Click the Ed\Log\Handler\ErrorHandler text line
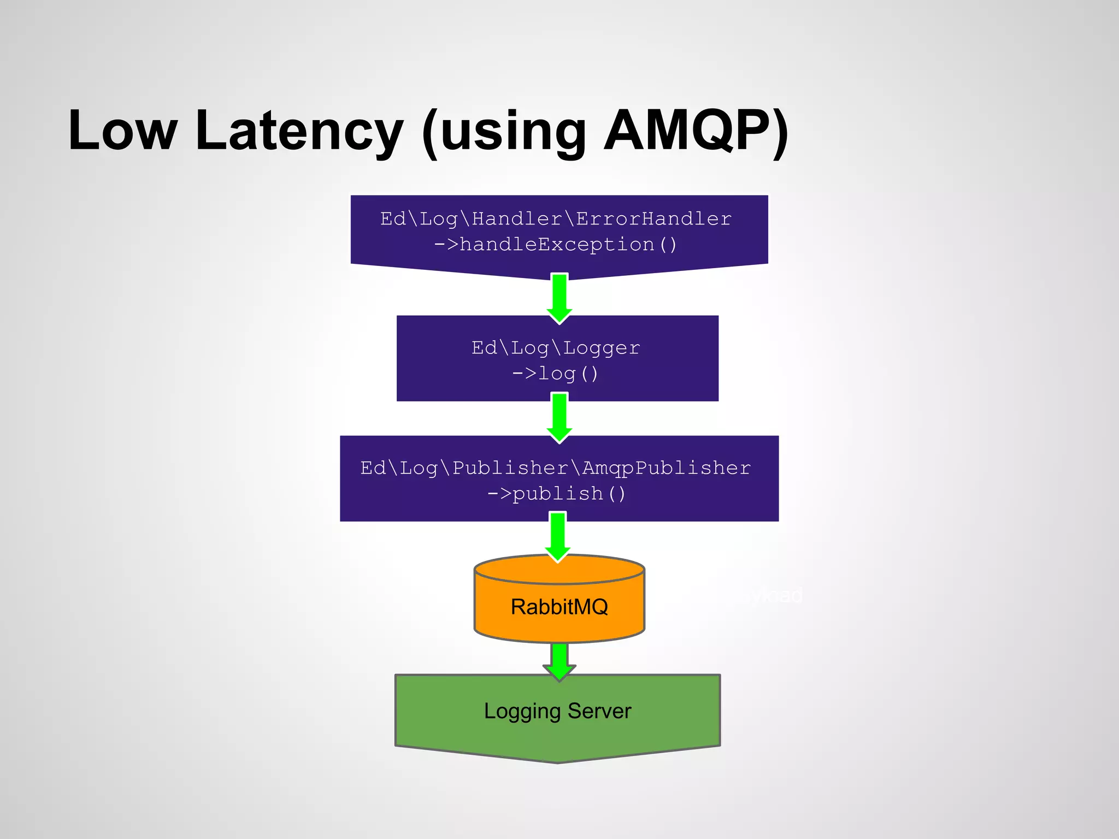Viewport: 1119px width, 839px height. point(556,218)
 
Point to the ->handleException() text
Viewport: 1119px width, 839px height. point(556,244)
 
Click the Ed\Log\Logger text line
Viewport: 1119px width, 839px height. point(556,347)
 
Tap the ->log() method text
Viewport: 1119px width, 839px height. point(556,374)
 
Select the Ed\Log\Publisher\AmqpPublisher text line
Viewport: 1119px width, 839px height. point(556,468)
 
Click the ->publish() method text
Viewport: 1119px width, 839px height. point(556,493)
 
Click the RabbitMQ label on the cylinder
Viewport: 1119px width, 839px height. point(559,607)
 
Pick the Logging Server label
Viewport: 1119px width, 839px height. point(557,711)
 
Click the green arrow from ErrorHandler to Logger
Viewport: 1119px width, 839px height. point(559,298)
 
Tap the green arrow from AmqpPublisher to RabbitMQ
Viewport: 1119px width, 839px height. point(558,537)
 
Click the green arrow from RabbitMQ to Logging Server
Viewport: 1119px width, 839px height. point(559,661)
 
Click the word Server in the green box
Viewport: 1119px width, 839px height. point(599,711)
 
